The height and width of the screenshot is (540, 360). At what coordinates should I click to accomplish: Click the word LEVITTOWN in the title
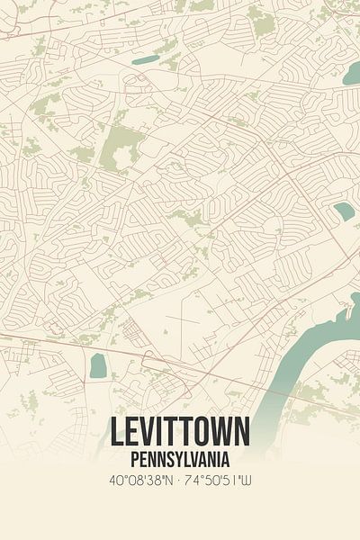(x=180, y=433)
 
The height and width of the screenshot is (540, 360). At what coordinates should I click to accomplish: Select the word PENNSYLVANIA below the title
(x=180, y=457)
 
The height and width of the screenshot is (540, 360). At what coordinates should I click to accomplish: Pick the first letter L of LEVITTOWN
(x=117, y=433)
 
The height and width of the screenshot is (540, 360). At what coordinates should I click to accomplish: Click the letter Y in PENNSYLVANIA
(x=181, y=457)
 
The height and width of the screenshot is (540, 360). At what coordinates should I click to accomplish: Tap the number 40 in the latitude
(x=115, y=481)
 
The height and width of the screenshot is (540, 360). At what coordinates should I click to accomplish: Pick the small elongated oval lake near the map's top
(x=145, y=59)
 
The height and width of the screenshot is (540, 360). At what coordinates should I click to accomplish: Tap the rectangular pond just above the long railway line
(x=98, y=365)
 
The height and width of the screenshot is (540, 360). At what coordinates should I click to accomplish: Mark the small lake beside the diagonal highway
(x=344, y=211)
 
